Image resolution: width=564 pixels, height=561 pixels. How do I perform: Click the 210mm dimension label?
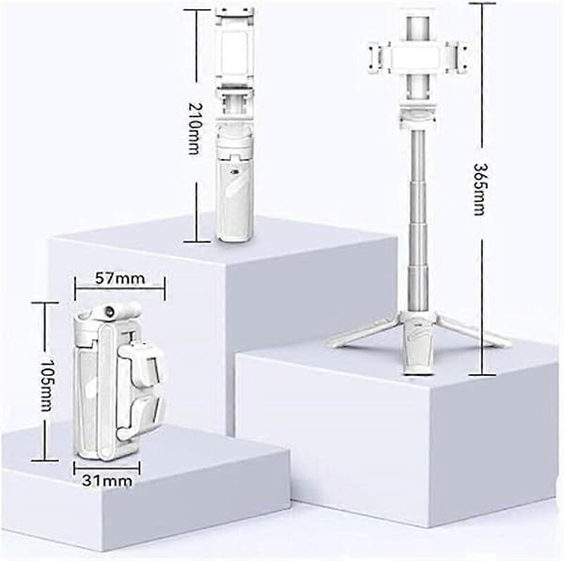point(196,129)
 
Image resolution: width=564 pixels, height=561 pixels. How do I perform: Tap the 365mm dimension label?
point(480,190)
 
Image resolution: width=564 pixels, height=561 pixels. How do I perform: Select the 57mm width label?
point(119,278)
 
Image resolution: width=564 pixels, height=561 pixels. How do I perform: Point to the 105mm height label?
point(46,385)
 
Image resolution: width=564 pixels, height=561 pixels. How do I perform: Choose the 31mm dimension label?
point(107,480)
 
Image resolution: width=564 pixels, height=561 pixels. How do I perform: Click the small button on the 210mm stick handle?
point(236,172)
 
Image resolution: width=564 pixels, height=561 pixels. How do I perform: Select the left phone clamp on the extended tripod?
point(379,58)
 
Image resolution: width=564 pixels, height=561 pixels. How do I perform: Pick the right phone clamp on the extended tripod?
point(457,58)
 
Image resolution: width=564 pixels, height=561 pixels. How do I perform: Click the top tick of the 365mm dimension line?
point(482,3)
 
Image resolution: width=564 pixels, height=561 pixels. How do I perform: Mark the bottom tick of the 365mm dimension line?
point(482,375)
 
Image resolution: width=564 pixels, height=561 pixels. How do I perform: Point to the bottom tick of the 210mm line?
point(196,242)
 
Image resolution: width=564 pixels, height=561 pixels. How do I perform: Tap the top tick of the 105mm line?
point(45,303)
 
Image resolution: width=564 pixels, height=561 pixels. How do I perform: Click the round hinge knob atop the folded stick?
point(108,311)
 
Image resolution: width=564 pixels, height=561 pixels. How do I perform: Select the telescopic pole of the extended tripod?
point(418,219)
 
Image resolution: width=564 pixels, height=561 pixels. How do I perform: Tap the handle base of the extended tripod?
point(417,344)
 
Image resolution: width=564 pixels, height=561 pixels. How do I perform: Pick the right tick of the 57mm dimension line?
point(164,288)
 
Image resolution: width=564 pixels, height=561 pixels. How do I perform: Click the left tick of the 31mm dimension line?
point(74,468)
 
